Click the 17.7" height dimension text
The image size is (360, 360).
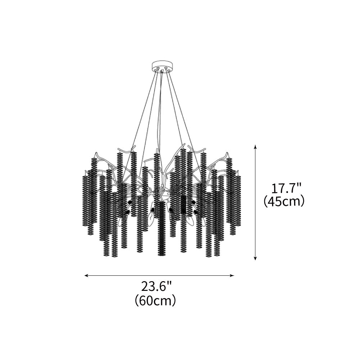(286, 189)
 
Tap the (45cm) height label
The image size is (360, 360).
(284, 201)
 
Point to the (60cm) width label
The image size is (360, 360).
(155, 300)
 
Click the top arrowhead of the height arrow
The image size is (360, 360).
(255, 147)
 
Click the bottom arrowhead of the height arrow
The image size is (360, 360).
(255, 258)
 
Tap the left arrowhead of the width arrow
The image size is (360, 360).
(87, 275)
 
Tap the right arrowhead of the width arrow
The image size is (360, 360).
(232, 275)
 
